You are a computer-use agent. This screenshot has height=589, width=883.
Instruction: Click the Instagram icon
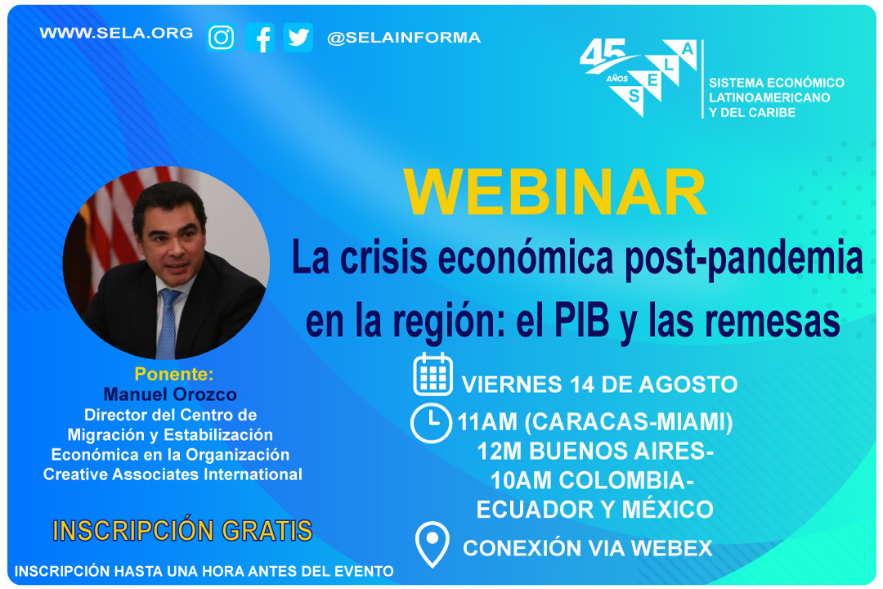(222, 38)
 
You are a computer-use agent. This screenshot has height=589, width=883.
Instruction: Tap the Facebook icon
(260, 38)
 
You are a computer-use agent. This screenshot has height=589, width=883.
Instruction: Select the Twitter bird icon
(298, 38)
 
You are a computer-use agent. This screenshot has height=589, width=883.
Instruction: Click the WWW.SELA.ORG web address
(116, 34)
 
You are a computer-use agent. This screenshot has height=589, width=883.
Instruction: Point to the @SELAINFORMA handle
(404, 38)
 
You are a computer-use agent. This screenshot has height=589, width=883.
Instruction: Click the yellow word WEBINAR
(554, 192)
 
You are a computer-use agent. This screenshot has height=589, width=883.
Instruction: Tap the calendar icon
(433, 374)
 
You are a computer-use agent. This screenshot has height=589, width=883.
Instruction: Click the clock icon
(431, 423)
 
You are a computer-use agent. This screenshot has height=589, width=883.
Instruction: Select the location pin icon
(432, 545)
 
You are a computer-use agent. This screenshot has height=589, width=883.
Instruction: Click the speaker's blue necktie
(167, 324)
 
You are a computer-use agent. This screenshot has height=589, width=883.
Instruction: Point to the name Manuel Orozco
(170, 394)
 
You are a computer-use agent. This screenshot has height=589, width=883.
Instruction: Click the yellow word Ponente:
(174, 374)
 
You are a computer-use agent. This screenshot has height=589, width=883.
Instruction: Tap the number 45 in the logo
(603, 53)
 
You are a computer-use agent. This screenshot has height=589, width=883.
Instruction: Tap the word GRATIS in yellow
(267, 531)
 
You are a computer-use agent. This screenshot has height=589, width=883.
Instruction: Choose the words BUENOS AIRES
(621, 452)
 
